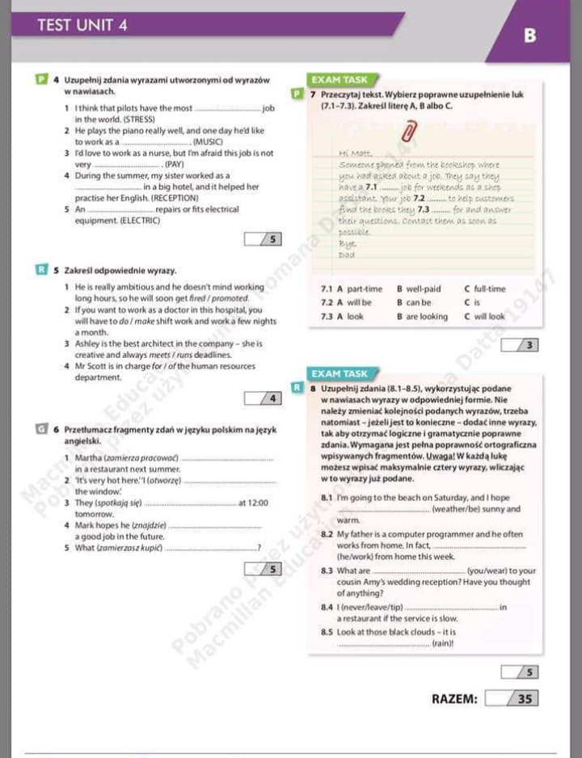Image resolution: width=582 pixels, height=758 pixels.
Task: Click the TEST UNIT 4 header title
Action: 82,25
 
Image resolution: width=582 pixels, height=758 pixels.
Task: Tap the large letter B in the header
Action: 529,36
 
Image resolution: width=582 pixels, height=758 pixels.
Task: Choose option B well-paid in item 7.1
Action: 419,288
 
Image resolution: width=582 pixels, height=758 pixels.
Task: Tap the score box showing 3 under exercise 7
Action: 521,346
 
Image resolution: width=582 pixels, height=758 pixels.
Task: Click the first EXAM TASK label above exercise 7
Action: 339,80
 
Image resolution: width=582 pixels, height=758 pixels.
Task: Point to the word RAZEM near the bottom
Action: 454,699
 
